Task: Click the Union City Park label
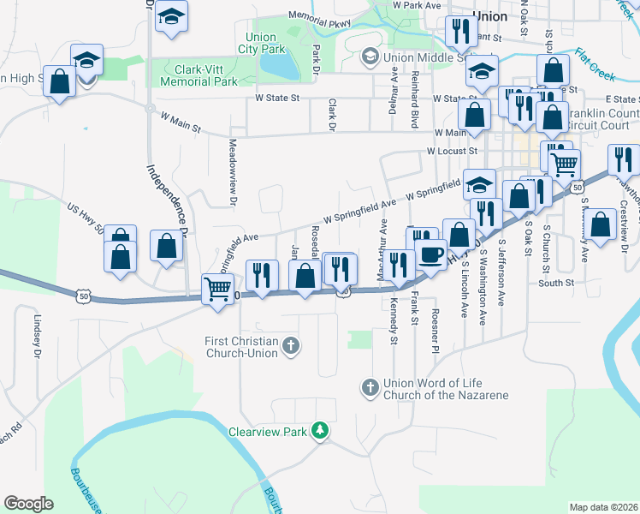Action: tap(261, 44)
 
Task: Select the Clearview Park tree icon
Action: tap(320, 430)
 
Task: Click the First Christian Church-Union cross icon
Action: tap(291, 346)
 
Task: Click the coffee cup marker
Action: tap(430, 254)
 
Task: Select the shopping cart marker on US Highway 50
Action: tap(217, 289)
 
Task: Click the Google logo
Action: tap(28, 503)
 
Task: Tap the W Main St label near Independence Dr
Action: tap(180, 123)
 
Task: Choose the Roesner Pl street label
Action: tap(436, 329)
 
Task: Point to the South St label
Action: tap(556, 282)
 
